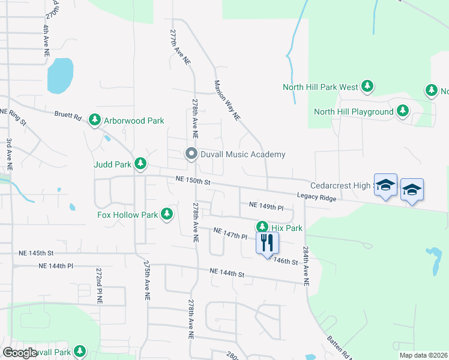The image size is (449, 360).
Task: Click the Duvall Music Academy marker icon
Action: click(x=191, y=154)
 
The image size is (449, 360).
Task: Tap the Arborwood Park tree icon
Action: click(x=94, y=121)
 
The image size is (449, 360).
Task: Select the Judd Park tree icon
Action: click(x=140, y=163)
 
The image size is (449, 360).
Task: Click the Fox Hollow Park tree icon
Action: click(x=166, y=214)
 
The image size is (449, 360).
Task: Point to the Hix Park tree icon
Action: click(x=262, y=227)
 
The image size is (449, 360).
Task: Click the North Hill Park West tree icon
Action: click(x=367, y=87)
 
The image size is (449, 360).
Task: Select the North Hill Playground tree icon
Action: click(x=402, y=112)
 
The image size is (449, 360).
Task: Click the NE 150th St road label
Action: click(x=193, y=181)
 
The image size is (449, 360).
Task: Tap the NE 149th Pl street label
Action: click(x=266, y=207)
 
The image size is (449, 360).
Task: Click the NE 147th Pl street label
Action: click(x=231, y=233)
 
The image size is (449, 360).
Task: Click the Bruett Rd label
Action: click(x=67, y=113)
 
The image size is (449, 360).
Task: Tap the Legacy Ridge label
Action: click(x=317, y=197)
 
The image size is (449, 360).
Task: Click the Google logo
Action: click(x=20, y=353)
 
